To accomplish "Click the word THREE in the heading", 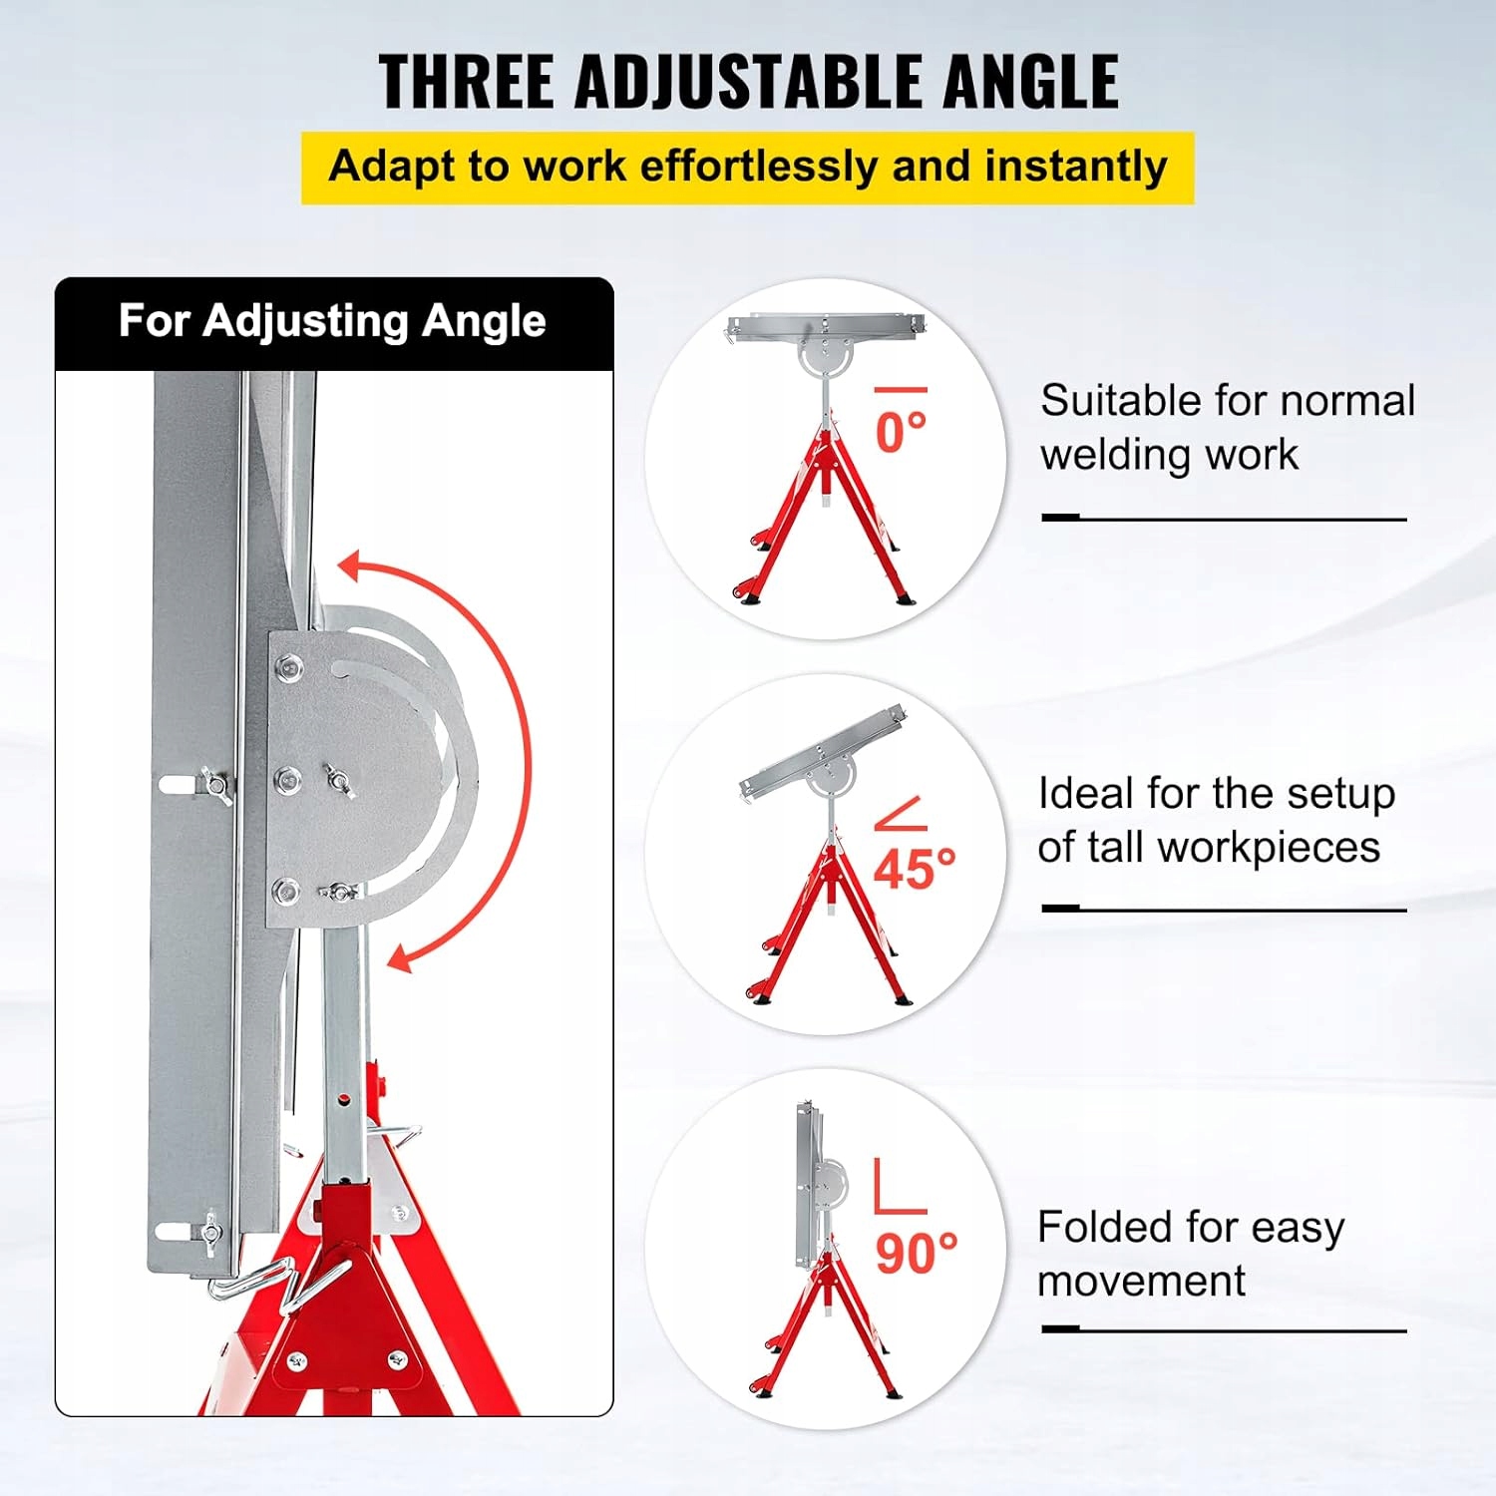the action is coord(467,81).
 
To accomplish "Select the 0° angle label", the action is coord(901,432).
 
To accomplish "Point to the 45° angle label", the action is coord(915,869).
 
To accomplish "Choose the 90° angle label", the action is coord(917,1253).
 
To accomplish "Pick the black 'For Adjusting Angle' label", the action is coord(333,321).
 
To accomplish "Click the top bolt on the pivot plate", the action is coord(289,666).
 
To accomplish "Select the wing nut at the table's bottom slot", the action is coord(209,1230).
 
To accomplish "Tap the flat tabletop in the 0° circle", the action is coord(826,325).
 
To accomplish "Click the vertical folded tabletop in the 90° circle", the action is coord(807,1183).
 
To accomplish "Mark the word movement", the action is coord(1141,1281).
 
